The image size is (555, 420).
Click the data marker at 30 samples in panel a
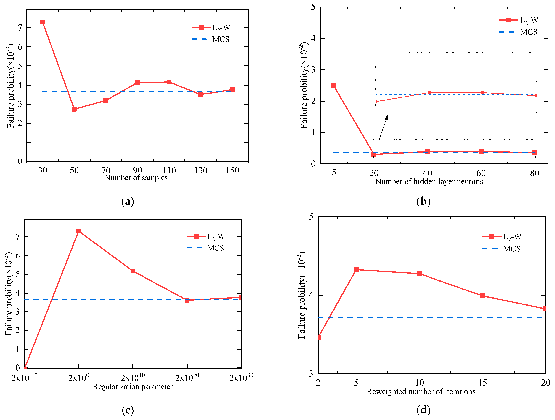click(x=43, y=22)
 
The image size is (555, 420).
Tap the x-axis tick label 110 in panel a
click(x=169, y=170)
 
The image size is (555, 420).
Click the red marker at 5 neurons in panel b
click(x=334, y=86)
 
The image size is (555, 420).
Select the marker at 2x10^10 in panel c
click(x=133, y=271)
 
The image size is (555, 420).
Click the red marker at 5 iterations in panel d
click(x=356, y=270)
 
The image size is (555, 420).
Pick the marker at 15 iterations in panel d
click(x=482, y=296)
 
